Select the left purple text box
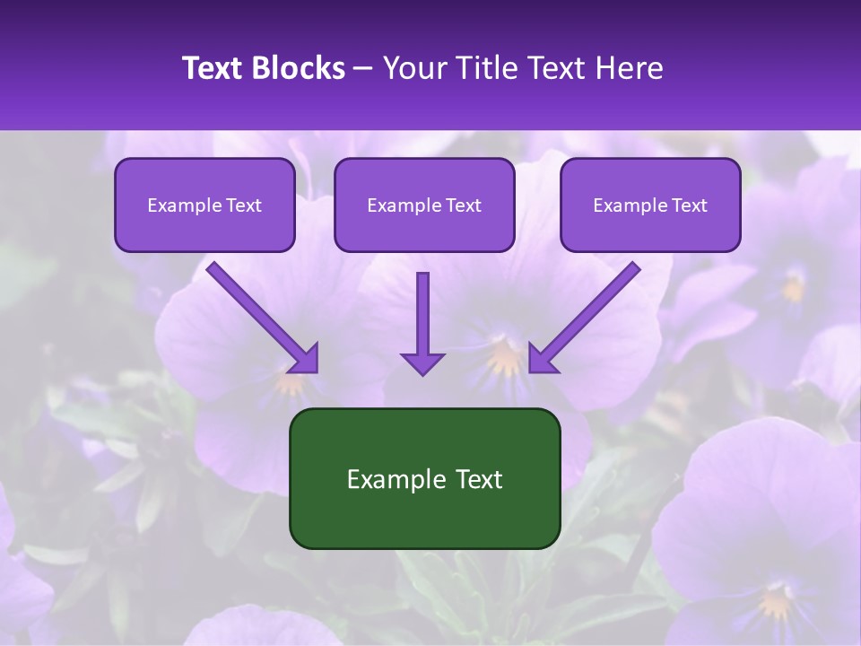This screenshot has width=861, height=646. tap(204, 205)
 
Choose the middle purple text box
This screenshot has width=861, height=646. tap(424, 205)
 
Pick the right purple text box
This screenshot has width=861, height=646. tap(650, 205)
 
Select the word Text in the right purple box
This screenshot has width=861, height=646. tap(690, 205)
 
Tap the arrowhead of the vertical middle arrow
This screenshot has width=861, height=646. tap(422, 363)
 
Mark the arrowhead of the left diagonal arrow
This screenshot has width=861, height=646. tap(305, 359)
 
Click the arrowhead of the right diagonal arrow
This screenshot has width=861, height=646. tap(542, 359)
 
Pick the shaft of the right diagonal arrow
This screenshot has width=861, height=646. tap(596, 305)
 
